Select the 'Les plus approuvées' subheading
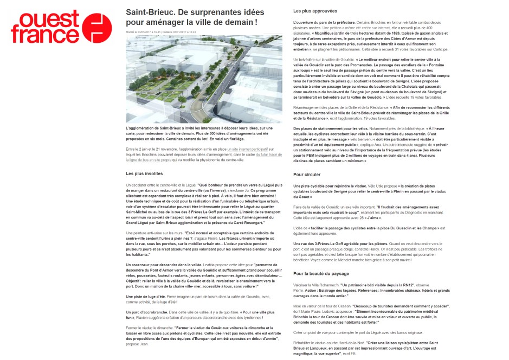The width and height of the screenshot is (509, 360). click(x=315, y=11)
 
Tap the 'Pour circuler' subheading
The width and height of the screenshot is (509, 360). click(x=306, y=175)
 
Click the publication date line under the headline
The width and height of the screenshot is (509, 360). click(x=160, y=32)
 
